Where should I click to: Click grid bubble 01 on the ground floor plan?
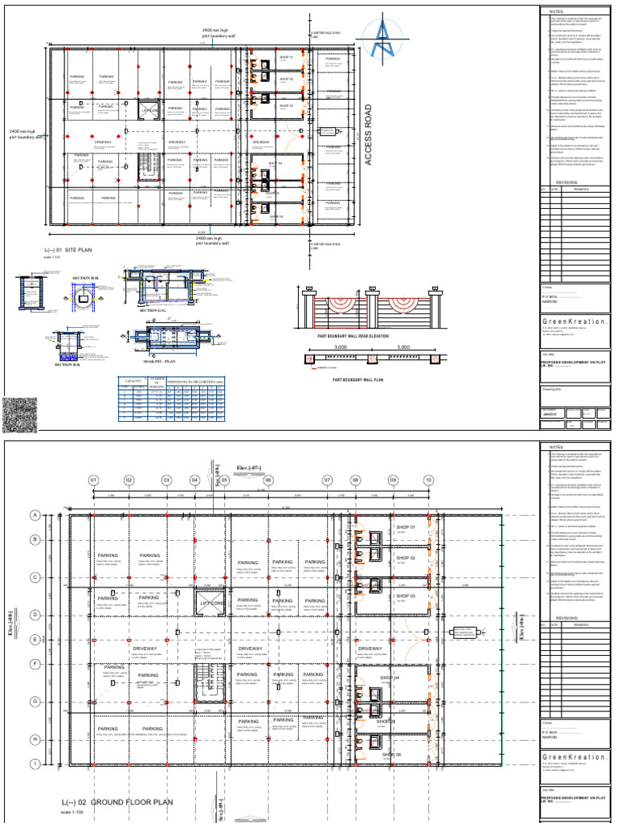pyautogui.click(x=92, y=481)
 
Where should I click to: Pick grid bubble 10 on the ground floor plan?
pyautogui.click(x=428, y=481)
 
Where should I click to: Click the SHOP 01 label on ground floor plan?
pyautogui.click(x=400, y=527)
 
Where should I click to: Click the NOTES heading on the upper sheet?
pyautogui.click(x=558, y=11)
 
